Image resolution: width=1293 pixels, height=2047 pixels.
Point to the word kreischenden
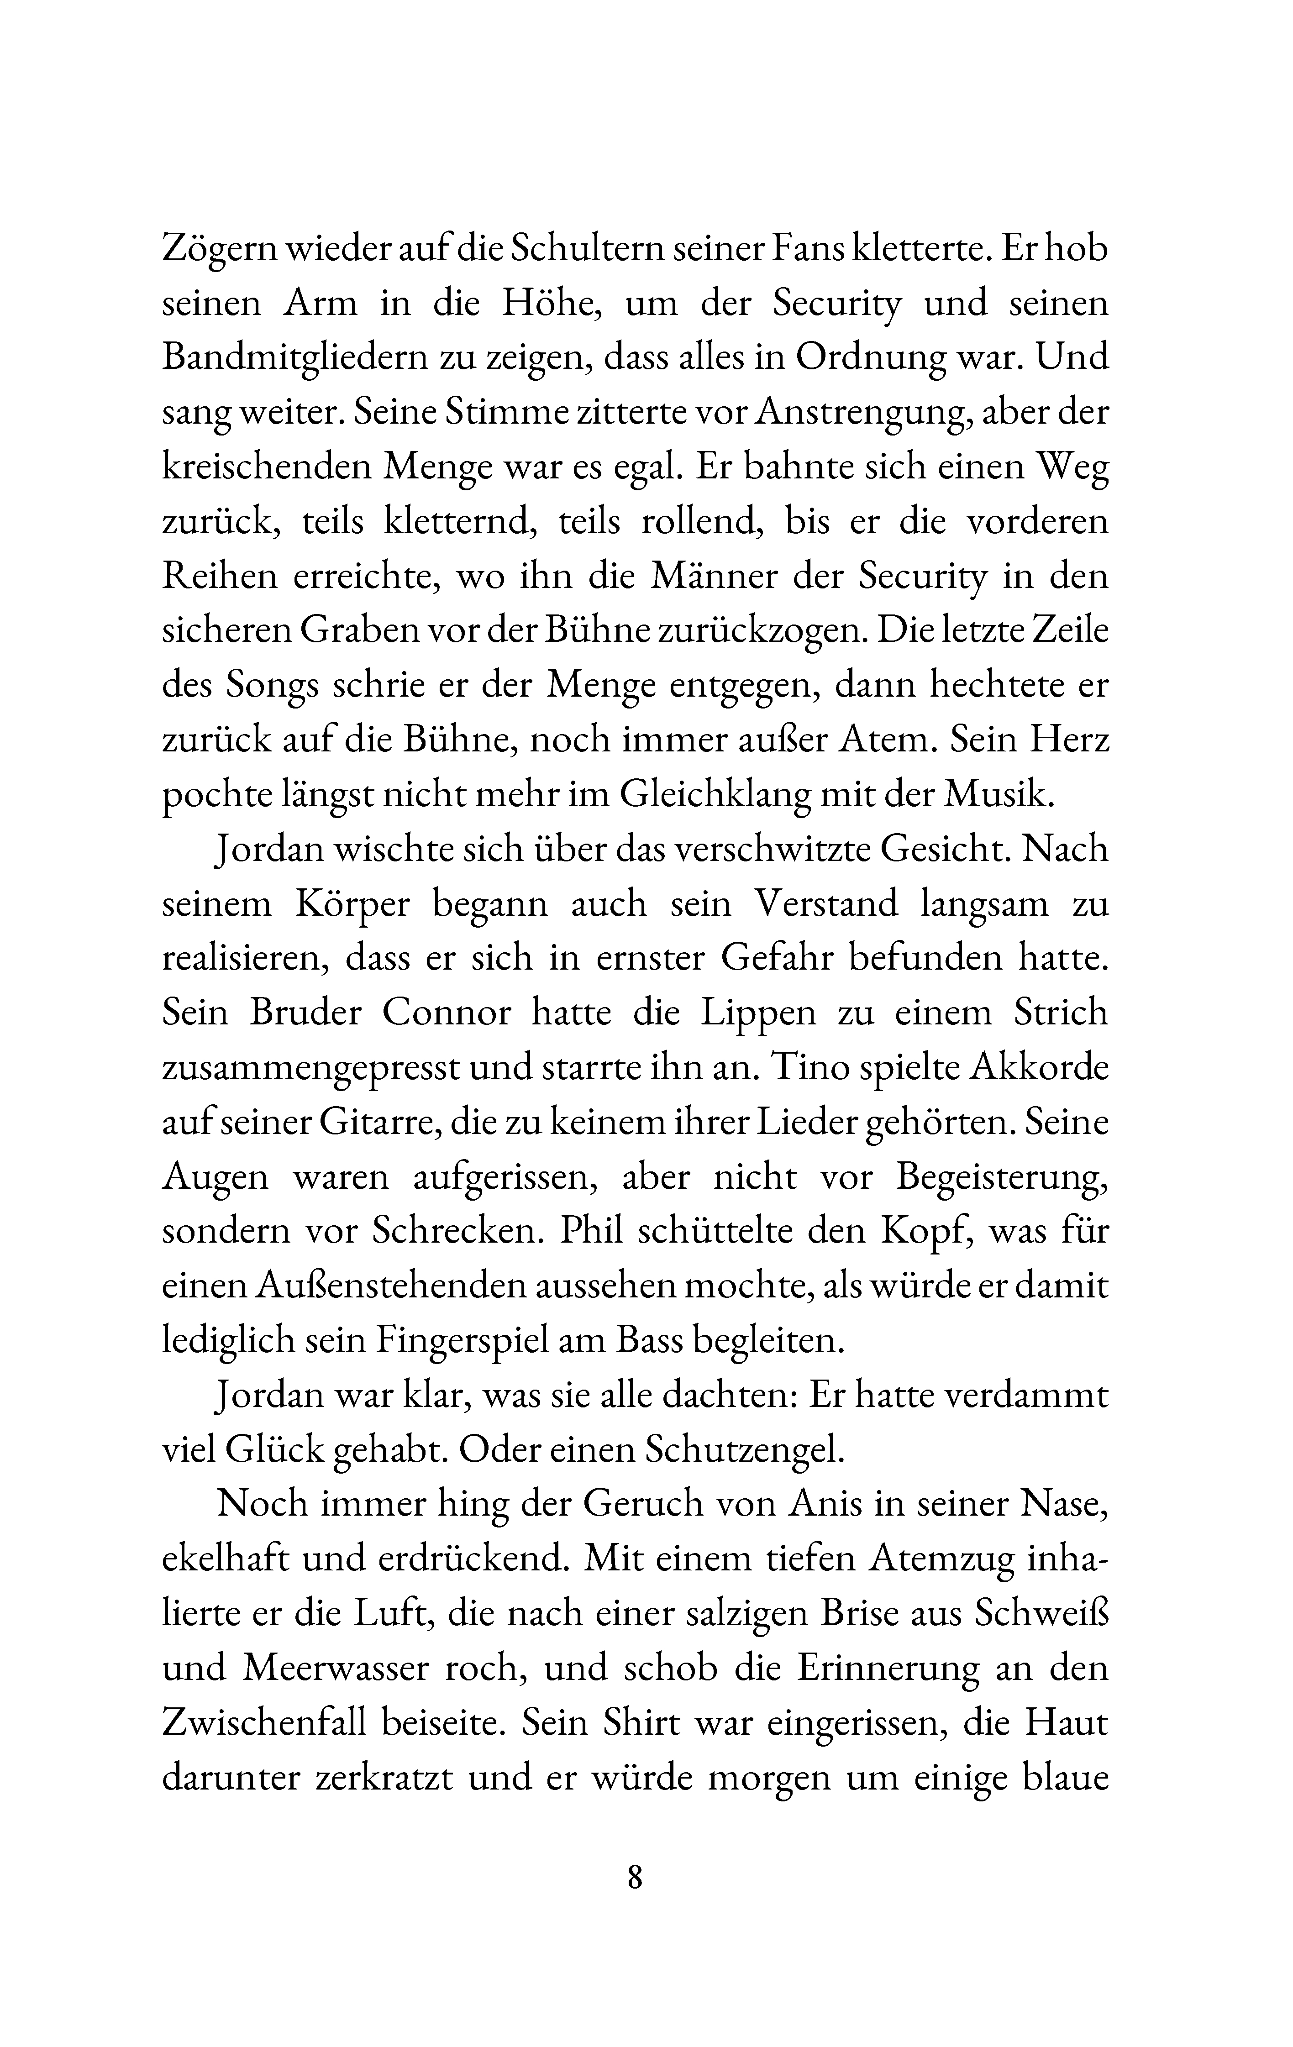265,467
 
